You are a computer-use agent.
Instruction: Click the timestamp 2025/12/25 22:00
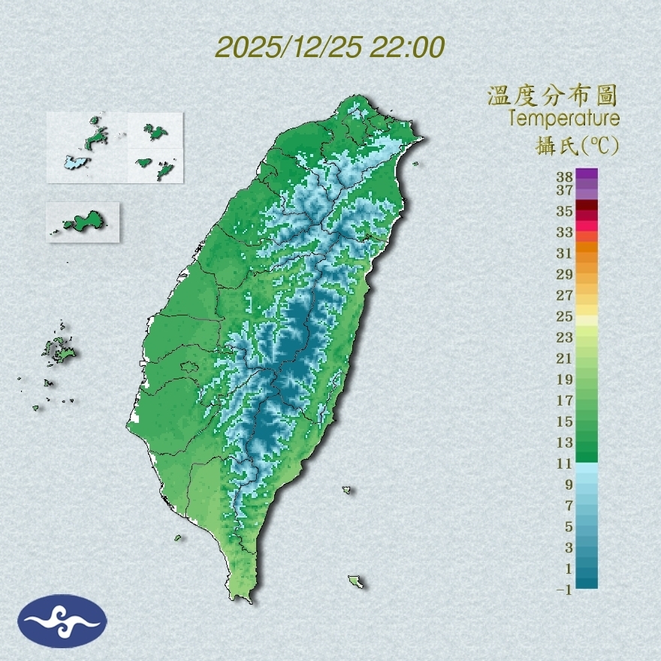(330, 47)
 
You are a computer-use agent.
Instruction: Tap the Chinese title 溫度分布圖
(552, 96)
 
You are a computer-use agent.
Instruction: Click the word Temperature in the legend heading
(563, 119)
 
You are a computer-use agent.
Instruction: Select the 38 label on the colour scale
(565, 177)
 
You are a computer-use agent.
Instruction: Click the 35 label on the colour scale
(565, 211)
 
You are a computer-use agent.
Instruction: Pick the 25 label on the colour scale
(565, 316)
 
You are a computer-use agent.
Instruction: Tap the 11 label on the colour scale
(565, 463)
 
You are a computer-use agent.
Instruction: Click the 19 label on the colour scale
(565, 379)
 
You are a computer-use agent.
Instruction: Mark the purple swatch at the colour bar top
(587, 174)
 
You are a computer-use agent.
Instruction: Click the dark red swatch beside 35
(587, 206)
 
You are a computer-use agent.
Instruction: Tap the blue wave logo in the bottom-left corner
(62, 621)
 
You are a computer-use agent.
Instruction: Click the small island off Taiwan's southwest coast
(178, 537)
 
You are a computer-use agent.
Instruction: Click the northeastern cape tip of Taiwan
(420, 139)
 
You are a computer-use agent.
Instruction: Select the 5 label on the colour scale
(569, 527)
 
